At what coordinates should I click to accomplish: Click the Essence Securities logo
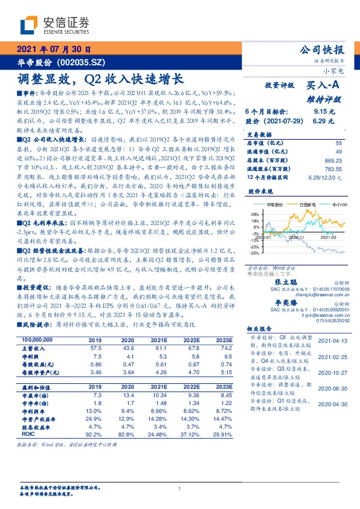[x=55, y=25]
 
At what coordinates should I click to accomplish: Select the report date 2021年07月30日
[x=54, y=50]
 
